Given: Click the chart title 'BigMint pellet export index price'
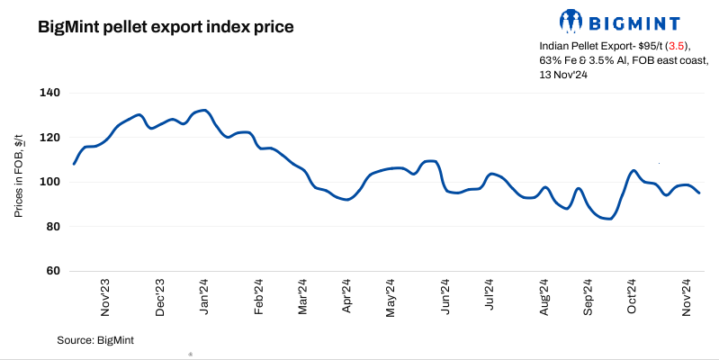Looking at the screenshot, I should (166, 28).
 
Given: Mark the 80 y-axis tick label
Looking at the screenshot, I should (52, 227).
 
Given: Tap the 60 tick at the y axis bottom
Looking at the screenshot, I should (52, 271).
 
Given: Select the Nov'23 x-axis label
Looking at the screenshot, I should (106, 297).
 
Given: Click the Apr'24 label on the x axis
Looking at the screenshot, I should (347, 297).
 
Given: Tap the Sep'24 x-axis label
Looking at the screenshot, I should (589, 297).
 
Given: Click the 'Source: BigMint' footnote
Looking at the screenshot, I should (95, 339).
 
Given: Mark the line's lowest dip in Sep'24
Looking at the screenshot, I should (610, 219).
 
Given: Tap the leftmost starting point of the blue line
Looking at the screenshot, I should (74, 164).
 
